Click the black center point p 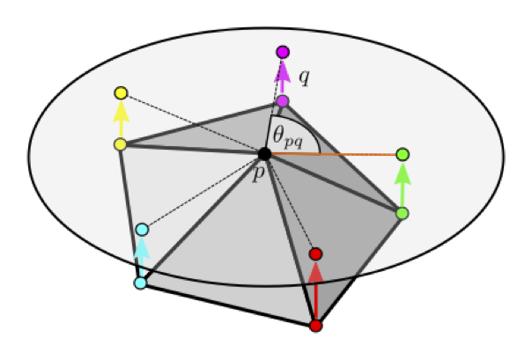tap(264, 154)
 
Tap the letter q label tap(304, 77)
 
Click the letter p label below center tap(258, 173)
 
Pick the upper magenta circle tap(283, 52)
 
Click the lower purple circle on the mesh tap(282, 101)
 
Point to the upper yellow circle tap(122, 93)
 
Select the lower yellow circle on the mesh tap(121, 144)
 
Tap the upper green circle tap(403, 155)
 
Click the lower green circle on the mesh tap(403, 213)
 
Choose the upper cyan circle tap(142, 230)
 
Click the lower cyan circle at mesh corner tap(139, 283)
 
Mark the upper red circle tap(317, 254)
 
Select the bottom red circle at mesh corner tap(316, 326)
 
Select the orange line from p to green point tap(335, 155)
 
